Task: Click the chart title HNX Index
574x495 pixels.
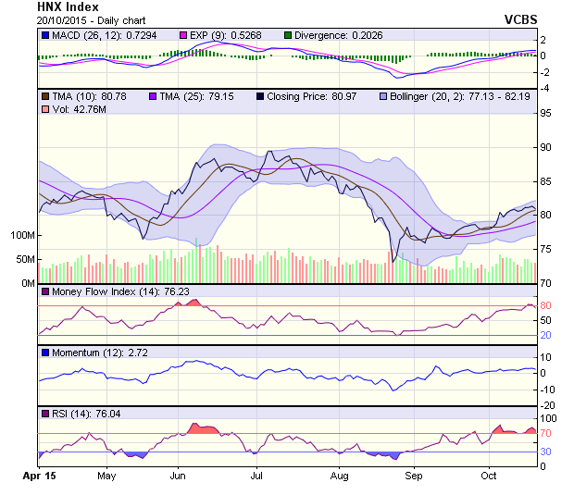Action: [x=69, y=7]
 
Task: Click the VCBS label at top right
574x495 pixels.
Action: [x=520, y=19]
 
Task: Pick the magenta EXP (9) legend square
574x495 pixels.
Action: [x=183, y=35]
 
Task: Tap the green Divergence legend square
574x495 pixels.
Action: [x=289, y=35]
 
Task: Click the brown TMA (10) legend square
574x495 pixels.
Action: [x=44, y=95]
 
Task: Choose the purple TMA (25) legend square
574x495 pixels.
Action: [x=153, y=95]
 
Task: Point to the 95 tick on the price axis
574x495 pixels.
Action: [x=547, y=114]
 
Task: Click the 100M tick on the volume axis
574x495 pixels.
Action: [x=21, y=236]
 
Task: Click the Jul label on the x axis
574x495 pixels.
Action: [x=256, y=476]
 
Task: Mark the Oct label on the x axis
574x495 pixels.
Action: [x=490, y=476]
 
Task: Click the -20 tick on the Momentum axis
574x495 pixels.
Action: [x=548, y=405]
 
